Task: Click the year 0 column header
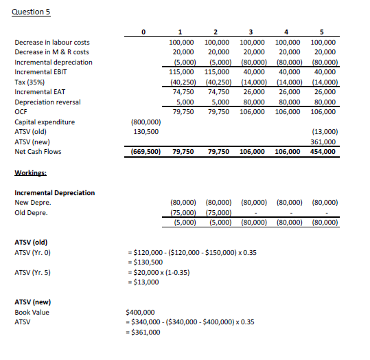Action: point(143,32)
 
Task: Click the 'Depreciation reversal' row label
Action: point(45,102)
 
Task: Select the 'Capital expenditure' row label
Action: point(43,122)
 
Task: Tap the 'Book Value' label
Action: point(32,312)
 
